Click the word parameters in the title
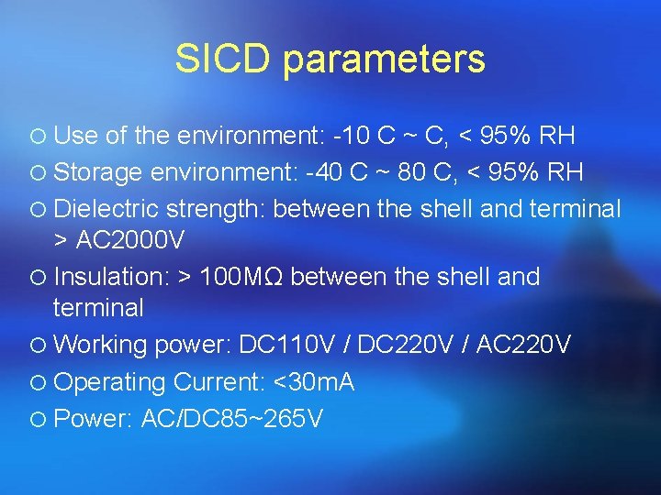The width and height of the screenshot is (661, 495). [x=384, y=61]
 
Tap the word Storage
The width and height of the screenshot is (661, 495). [x=97, y=174]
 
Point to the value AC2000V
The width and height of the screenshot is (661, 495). [x=131, y=241]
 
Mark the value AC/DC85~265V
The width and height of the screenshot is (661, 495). [x=232, y=419]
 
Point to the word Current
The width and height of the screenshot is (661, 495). [x=212, y=382]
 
